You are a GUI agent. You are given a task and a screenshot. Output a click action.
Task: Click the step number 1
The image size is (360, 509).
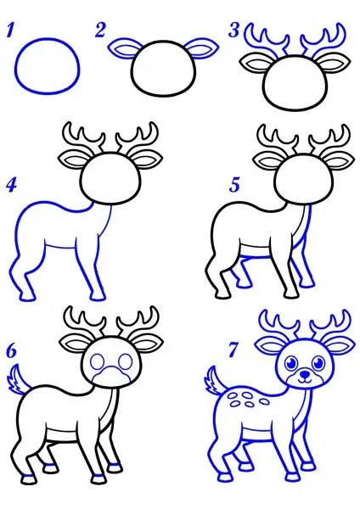[9, 30]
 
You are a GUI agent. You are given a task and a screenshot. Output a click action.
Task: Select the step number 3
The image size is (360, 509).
[234, 31]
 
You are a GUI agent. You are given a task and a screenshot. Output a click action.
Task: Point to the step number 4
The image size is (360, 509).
[11, 185]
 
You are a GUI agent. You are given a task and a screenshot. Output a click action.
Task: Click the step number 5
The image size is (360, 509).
[234, 185]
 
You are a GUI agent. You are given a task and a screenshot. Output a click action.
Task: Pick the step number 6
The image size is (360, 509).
[11, 351]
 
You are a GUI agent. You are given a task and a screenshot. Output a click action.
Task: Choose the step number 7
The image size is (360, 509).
[233, 350]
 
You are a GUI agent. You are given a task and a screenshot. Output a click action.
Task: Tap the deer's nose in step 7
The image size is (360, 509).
[305, 375]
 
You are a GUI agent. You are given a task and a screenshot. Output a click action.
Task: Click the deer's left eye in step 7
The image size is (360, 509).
[292, 361]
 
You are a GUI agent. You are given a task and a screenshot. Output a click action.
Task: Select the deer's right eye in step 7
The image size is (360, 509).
[318, 361]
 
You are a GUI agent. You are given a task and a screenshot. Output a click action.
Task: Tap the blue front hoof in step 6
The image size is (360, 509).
[98, 478]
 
